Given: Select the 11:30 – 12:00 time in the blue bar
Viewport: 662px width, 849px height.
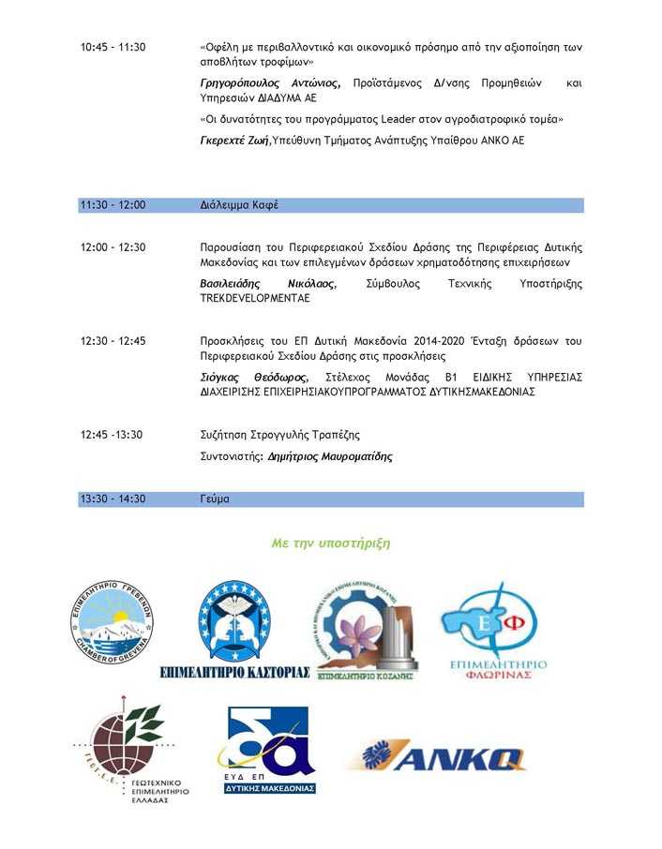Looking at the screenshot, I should click(113, 205).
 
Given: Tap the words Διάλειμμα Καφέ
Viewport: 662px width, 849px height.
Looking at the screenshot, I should click(239, 205).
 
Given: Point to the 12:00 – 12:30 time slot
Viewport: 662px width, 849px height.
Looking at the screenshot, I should click(113, 247).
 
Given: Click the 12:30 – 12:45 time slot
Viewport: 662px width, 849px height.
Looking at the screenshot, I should click(113, 341).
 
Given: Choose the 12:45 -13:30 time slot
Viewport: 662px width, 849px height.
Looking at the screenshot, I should click(112, 435).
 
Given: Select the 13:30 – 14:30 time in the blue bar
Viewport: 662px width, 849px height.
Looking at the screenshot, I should click(113, 499).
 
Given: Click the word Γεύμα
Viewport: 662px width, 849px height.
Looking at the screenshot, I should click(215, 499).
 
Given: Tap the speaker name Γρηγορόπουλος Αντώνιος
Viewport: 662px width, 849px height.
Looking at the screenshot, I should click(274, 83).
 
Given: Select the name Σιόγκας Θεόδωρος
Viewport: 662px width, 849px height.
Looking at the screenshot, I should click(254, 377).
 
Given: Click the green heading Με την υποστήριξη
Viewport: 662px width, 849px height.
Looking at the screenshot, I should click(330, 544).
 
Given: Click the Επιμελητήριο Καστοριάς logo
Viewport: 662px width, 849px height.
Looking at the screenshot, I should click(234, 626).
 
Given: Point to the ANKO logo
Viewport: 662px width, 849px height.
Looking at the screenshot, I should click(441, 756).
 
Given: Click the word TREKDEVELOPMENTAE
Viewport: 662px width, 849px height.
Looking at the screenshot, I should click(255, 298).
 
